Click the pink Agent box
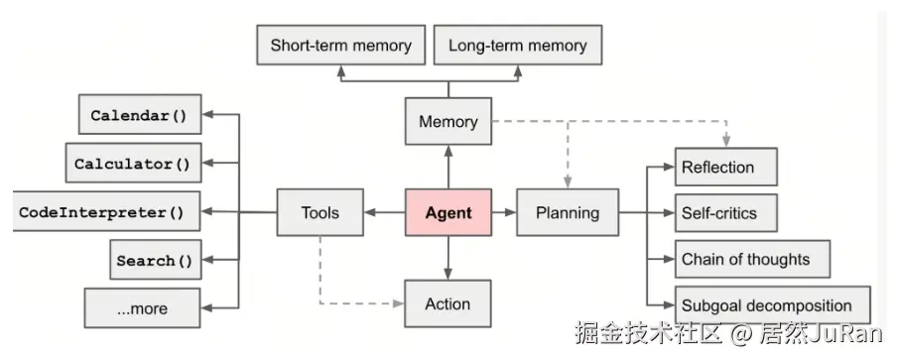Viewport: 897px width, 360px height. [x=448, y=212]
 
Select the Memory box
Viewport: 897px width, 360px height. [x=448, y=122]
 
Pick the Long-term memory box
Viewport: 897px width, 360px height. [x=517, y=46]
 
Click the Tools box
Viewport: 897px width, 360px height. [x=320, y=212]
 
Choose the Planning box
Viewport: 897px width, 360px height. [x=567, y=212]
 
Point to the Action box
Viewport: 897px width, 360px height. [x=448, y=303]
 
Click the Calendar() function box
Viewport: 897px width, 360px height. [x=139, y=115]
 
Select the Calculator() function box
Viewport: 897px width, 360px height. [x=132, y=164]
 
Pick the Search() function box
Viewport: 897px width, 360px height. [x=154, y=261]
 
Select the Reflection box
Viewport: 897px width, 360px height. [x=724, y=167]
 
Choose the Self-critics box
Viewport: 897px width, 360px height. [x=724, y=212]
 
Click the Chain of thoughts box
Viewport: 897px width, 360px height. [x=751, y=260]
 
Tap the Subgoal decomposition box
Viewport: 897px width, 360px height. [x=772, y=305]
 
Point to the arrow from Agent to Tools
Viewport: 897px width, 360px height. [x=385, y=212]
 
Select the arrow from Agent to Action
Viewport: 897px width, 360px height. [x=448, y=258]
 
